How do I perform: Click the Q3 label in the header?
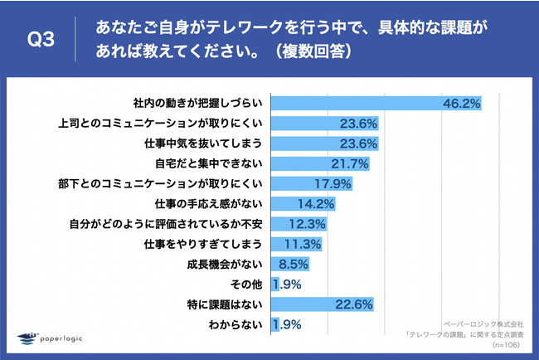[x=41, y=40]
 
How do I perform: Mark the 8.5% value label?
[x=293, y=265]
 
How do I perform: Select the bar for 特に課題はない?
[x=323, y=304]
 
